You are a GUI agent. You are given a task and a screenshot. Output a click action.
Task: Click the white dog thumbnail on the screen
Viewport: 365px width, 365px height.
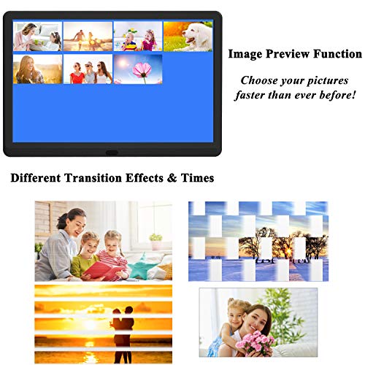coord(188,36)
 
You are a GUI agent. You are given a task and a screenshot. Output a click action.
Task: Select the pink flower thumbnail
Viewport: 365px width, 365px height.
coord(137,69)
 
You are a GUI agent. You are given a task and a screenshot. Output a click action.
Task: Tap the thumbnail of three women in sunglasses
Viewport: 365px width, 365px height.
coord(88,69)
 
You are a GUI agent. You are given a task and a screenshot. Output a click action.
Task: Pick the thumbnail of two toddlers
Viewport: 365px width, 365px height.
coord(138,36)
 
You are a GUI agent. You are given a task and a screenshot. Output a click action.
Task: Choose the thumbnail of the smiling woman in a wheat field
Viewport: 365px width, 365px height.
coord(37,69)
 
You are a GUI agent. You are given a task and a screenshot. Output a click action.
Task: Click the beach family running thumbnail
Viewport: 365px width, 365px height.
coord(88,36)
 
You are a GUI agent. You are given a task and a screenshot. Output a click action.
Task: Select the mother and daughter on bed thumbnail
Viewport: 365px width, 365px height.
coord(37,36)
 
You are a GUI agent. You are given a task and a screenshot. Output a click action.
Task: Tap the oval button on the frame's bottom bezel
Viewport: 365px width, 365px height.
coord(112,153)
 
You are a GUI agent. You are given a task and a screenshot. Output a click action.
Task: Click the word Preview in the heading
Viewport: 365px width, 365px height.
coord(290,54)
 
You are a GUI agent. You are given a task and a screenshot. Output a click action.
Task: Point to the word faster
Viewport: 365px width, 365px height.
coord(255,95)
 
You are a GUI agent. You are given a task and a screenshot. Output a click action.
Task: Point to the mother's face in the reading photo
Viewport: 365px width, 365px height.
coord(74,220)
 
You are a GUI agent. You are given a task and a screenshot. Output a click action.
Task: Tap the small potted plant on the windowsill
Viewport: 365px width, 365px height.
coord(155,240)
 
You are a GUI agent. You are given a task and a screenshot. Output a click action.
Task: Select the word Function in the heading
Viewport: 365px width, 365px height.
coord(338,54)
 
